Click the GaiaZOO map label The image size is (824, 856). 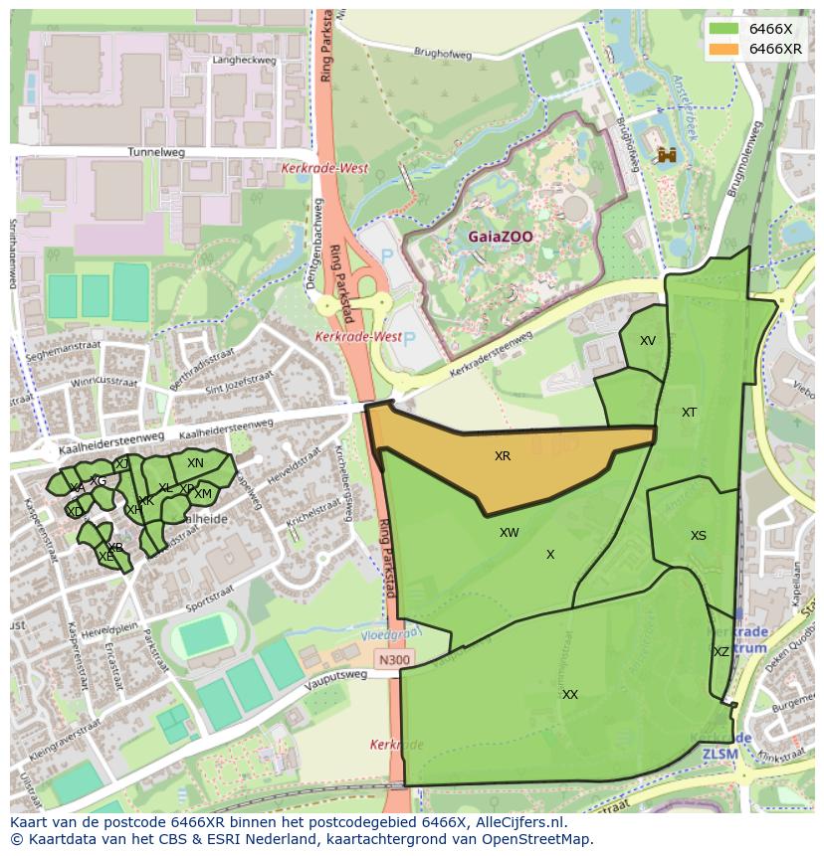point(501,237)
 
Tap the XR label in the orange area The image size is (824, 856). point(503,456)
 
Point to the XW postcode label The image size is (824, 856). point(510,533)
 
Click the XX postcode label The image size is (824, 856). point(569,695)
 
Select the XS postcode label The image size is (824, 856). point(699,536)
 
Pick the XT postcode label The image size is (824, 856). point(689,413)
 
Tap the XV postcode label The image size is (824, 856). point(648,341)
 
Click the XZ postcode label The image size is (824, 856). point(721,652)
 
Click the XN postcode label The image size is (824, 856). point(195,463)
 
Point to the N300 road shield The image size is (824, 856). point(393,659)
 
